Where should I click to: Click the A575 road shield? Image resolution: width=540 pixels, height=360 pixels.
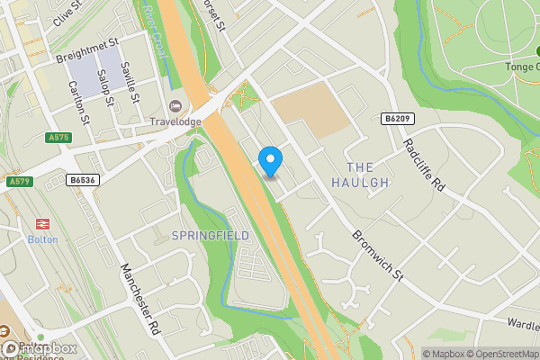coord(57,137)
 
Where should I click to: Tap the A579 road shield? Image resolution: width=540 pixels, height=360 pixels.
coord(18,181)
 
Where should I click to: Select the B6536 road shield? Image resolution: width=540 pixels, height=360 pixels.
coord(84,180)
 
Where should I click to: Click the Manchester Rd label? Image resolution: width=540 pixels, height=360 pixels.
coord(139,299)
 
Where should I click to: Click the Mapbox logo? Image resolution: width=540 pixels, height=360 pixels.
coord(38,348)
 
